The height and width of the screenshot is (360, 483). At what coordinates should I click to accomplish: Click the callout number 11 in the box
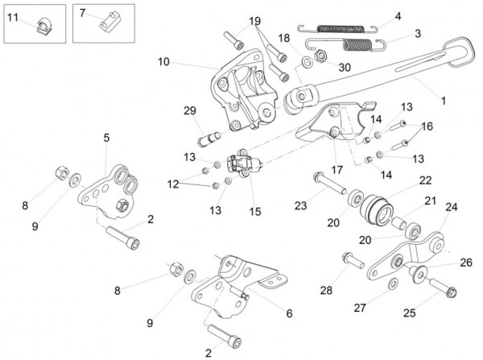click(x=14, y=14)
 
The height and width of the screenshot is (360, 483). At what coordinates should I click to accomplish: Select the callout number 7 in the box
click(x=81, y=12)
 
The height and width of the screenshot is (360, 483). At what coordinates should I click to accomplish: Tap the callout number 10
click(x=163, y=61)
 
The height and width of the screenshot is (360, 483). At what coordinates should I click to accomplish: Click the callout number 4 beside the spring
click(x=397, y=15)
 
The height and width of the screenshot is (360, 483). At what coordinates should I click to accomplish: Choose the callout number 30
click(x=345, y=68)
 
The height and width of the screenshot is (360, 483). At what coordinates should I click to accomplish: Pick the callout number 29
click(x=190, y=110)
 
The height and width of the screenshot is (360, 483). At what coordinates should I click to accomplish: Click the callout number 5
click(x=105, y=138)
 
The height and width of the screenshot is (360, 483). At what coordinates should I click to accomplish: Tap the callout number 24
click(x=452, y=208)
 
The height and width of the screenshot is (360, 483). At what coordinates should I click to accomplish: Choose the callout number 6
click(x=289, y=312)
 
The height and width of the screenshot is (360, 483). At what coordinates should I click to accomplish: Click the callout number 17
click(x=335, y=170)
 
